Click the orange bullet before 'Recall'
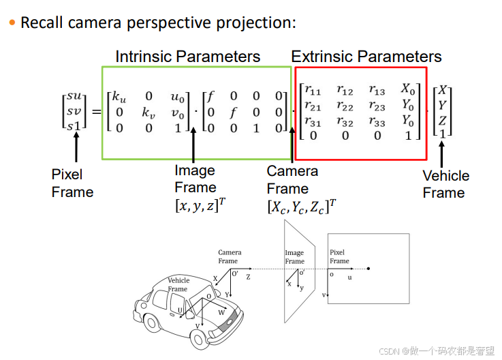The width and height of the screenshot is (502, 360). (x=12, y=23)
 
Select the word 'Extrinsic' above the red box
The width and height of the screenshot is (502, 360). (x=321, y=57)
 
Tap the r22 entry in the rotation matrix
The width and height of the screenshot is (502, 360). (x=346, y=106)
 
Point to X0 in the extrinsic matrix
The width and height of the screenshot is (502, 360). (x=407, y=89)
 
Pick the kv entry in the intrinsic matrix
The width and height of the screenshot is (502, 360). (x=149, y=111)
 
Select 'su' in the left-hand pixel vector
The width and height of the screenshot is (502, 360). (x=74, y=95)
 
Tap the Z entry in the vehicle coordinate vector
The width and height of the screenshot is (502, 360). (x=443, y=121)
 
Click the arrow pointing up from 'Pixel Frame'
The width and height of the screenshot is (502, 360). (x=76, y=146)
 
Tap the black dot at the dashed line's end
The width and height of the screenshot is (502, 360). (x=368, y=269)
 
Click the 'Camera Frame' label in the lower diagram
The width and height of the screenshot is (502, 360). (x=228, y=256)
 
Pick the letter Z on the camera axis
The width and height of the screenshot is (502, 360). (x=248, y=277)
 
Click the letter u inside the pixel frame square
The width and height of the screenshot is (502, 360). (x=350, y=277)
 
